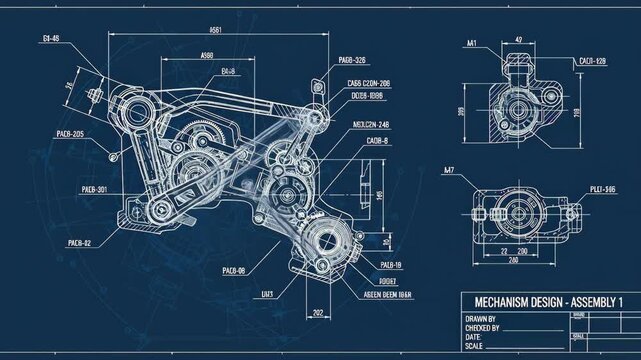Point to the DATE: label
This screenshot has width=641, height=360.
[x=474, y=337]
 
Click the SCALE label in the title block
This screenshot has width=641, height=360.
[x=475, y=346]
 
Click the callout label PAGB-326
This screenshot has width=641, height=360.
[x=352, y=61]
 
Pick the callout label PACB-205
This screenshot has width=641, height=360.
[x=65, y=134]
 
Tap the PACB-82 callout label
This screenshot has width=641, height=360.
[x=80, y=242]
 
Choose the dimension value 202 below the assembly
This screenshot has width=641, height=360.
[x=317, y=314]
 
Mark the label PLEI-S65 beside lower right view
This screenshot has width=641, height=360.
[x=602, y=188]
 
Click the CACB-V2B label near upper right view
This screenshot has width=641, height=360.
[x=592, y=61]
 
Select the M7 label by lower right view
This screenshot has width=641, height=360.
[x=449, y=170]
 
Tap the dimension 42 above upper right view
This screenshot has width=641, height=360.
[x=518, y=40]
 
